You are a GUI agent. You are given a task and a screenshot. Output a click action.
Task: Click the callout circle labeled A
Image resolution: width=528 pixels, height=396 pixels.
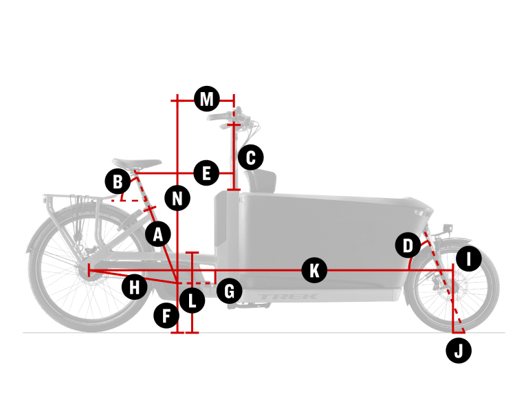pos(158,234)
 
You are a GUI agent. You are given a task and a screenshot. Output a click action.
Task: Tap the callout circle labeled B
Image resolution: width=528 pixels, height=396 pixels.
pos(118,182)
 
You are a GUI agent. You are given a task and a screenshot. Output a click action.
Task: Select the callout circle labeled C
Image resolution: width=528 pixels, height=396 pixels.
pos(251,157)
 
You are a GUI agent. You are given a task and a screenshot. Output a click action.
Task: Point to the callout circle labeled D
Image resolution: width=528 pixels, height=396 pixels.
pos(408,245)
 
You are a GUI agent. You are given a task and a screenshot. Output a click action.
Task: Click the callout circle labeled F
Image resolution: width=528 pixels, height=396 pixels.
pos(166,316)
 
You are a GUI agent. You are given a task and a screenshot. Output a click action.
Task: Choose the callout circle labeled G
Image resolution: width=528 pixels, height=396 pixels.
pos(229,291)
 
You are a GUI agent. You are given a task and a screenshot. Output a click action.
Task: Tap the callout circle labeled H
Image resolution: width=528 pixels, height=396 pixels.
pos(135,286)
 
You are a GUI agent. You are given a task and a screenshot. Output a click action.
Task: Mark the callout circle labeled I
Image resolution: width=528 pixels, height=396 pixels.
pos(469,259)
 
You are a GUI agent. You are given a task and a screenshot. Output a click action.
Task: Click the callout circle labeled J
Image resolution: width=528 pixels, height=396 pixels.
pos(459,351)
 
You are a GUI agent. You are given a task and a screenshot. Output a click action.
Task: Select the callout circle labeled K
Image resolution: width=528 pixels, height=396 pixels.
pos(314,269)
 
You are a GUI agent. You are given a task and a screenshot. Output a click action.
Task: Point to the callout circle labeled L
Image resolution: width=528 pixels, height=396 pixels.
pos(192,300)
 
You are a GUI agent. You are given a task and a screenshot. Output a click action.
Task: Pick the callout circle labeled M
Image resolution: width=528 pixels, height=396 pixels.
pos(206,99)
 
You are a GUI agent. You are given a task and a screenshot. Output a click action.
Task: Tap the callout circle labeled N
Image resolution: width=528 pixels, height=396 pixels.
pos(178,199)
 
